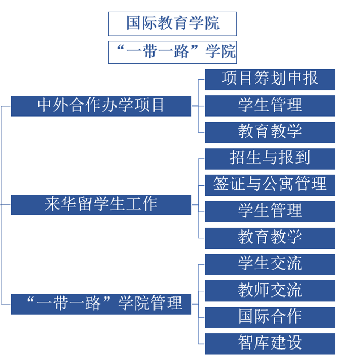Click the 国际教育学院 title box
tap(172, 24)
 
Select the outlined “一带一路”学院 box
tap(172, 52)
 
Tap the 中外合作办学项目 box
tap(101, 106)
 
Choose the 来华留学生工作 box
tap(101, 205)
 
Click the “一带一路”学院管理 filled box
tap(101, 304)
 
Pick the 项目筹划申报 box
tap(270, 80)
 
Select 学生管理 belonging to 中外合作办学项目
tap(270, 106)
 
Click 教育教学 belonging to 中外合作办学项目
tap(270, 132)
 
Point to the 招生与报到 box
tap(270, 159)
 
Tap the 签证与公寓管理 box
tap(270, 185)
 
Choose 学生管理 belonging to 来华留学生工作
tap(270, 212)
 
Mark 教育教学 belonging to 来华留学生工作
tap(270, 238)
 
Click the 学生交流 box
tap(270, 264)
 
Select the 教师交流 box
tap(270, 291)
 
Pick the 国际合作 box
tap(270, 317)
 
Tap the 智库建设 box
tap(270, 344)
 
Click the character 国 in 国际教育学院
tap(134, 23)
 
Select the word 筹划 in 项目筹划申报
tap(270, 78)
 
